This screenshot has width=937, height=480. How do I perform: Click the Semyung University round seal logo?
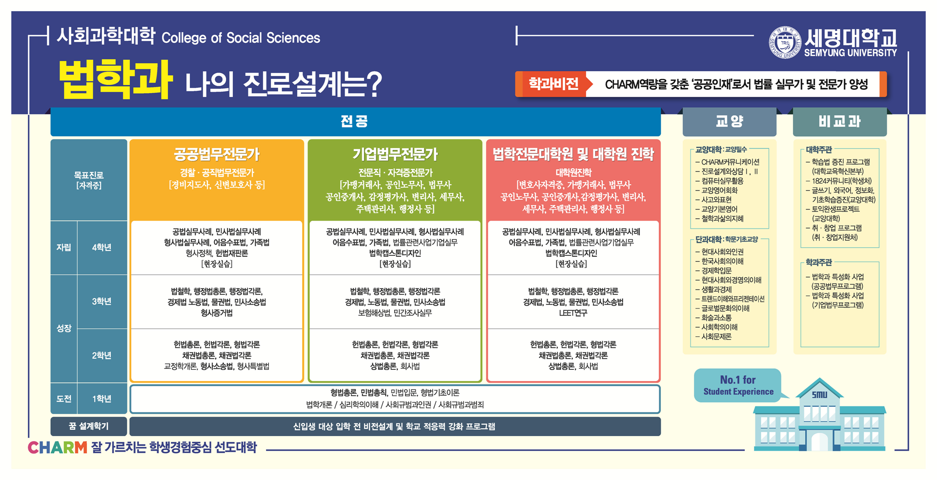pyautogui.click(x=785, y=42)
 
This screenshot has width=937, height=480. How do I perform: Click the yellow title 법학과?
pyautogui.click(x=115, y=79)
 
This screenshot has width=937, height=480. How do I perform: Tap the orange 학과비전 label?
pyautogui.click(x=553, y=84)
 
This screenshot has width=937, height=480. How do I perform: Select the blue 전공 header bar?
pyautogui.click(x=355, y=121)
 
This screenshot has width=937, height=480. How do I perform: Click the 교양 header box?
pyautogui.click(x=729, y=122)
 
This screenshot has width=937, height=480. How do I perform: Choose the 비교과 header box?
pyautogui.click(x=839, y=122)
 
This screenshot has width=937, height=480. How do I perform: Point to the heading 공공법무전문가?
pyautogui.click(x=217, y=154)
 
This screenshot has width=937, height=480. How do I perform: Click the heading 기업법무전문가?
pyautogui.click(x=395, y=154)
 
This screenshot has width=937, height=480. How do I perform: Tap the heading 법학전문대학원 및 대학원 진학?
pyautogui.click(x=573, y=154)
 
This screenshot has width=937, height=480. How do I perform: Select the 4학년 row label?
pyautogui.click(x=102, y=248)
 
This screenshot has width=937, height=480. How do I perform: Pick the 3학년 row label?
pyautogui.click(x=102, y=302)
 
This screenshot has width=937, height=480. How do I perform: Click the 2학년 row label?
pyautogui.click(x=102, y=356)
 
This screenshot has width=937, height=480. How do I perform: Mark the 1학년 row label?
pyautogui.click(x=102, y=399)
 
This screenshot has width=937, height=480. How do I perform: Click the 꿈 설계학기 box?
pyautogui.click(x=89, y=426)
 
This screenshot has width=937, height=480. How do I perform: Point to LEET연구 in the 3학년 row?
pyautogui.click(x=573, y=313)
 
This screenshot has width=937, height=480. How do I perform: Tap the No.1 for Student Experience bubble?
pyautogui.click(x=738, y=385)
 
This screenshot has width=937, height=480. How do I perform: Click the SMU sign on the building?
pyautogui.click(x=819, y=395)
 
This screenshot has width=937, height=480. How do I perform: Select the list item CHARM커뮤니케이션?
pyautogui.click(x=730, y=162)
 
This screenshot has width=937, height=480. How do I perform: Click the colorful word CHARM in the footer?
pyautogui.click(x=58, y=447)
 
